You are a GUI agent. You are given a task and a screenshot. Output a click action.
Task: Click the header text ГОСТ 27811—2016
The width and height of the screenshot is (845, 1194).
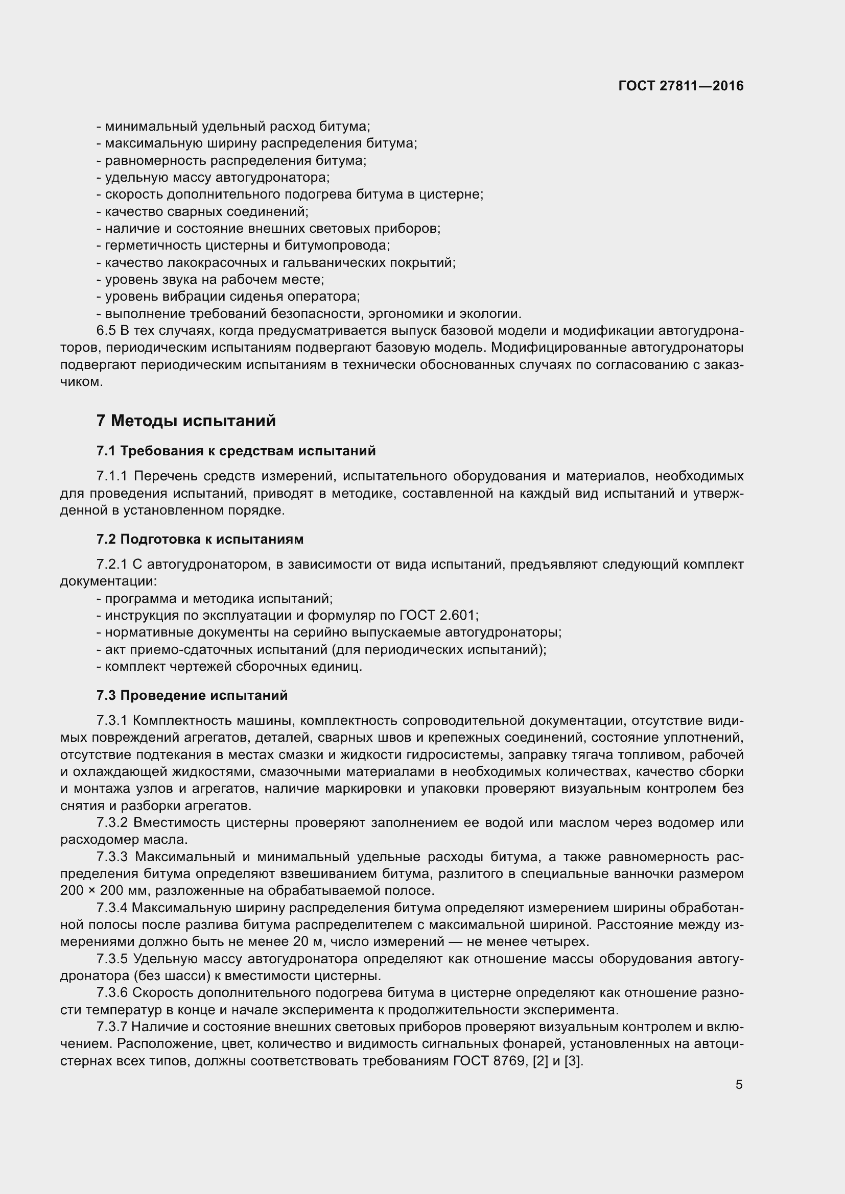point(680,86)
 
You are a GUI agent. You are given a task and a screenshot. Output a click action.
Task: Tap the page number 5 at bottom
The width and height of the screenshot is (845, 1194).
point(739,1085)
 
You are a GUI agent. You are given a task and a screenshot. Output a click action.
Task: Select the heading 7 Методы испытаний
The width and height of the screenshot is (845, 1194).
point(186,420)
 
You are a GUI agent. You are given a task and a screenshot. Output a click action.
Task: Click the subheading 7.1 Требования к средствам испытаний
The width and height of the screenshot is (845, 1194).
point(236,451)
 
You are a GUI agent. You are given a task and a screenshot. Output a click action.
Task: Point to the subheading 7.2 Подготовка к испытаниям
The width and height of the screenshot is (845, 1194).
point(200,539)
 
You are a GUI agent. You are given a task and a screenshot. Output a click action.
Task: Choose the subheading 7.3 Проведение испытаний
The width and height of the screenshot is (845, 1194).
point(192,695)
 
